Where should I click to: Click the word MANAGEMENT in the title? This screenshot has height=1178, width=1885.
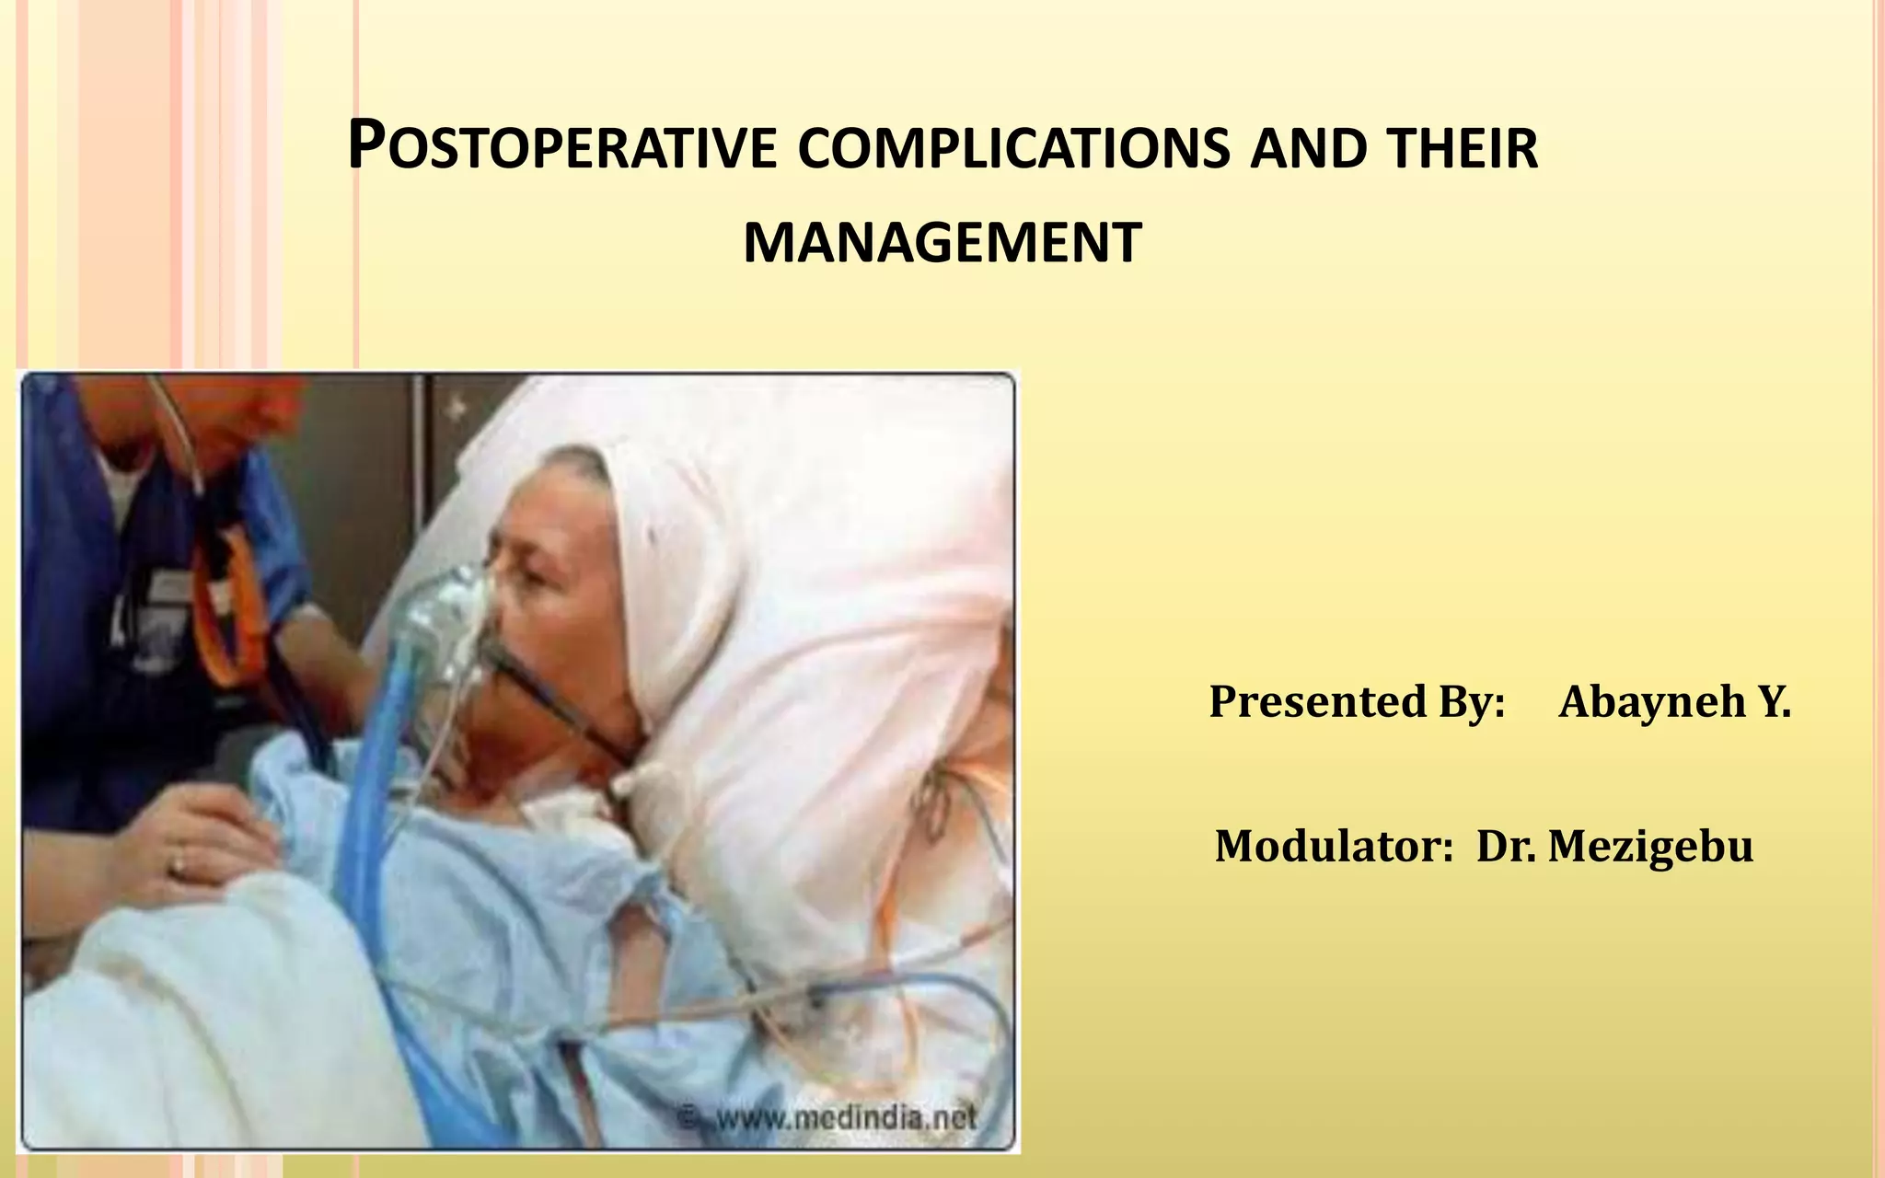click(x=942, y=244)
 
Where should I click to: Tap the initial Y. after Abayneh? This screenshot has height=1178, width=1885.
click(x=1775, y=701)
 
